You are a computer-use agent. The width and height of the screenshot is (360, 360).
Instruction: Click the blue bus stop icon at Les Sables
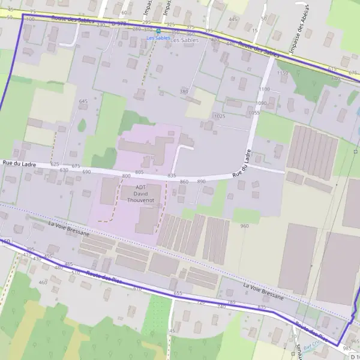point(158,31)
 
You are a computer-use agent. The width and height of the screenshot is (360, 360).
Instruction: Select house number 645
point(83,101)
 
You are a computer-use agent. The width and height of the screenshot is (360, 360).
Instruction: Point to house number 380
point(184,91)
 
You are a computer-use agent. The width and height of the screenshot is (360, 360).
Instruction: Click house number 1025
point(219,116)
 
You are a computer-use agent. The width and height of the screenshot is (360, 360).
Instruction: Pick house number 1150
point(282,73)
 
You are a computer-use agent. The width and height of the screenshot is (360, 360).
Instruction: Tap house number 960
point(244,226)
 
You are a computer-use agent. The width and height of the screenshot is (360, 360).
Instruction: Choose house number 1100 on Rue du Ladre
point(264,89)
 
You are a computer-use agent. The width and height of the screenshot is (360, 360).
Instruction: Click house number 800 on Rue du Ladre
point(126,175)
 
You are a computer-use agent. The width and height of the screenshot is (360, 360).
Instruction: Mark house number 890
point(201,181)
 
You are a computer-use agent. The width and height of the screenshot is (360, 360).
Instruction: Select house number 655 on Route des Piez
point(178,293)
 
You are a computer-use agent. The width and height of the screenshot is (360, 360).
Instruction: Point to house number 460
point(43,282)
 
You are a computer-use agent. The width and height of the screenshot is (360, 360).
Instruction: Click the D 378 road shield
point(119,24)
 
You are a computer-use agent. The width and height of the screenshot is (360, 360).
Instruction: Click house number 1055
point(254,112)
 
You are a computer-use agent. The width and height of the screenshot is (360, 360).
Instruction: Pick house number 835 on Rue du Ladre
point(172,175)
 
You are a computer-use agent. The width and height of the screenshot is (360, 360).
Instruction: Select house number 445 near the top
point(233,19)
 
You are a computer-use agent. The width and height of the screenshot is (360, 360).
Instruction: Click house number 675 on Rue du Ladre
point(76,166)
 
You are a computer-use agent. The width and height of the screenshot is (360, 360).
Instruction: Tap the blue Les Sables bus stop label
point(159,38)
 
